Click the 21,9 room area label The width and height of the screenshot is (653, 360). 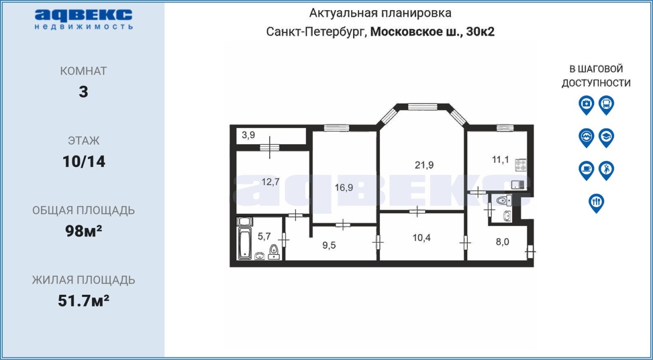coord(424,165)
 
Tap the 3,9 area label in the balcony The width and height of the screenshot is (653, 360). coord(248,135)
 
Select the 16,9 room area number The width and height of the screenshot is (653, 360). coord(344,187)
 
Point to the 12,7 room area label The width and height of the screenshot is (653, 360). coord(270,182)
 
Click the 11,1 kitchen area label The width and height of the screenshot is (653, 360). coord(500,160)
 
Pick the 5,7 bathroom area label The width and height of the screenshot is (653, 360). coord(264,236)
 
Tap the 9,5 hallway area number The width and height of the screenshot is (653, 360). coord(329,245)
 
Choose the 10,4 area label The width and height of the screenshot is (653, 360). coord(421,238)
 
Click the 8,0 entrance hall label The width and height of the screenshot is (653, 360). coord(503,242)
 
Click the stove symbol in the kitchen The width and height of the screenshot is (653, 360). coord(520,165)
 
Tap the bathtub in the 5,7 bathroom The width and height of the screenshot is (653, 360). coord(245,243)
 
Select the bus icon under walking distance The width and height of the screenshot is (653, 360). coord(607,105)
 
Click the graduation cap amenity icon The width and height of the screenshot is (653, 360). coord(607,138)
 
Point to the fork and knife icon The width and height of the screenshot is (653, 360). coord(596,203)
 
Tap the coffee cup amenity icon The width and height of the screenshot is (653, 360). coord(586,171)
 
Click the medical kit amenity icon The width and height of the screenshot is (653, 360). coord(586,105)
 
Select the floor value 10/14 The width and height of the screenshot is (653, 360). coord(84,162)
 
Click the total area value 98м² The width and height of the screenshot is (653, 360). coord(84,232)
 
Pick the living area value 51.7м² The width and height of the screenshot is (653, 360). coord(84,301)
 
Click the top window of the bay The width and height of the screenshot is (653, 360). coord(422,107)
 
